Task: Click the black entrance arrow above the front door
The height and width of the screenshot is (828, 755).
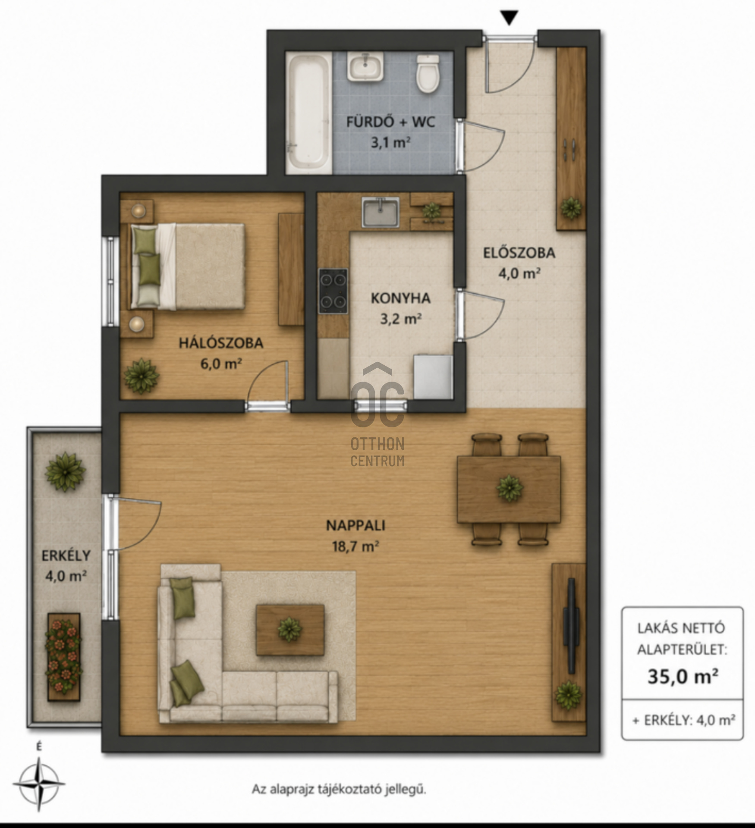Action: [x=510, y=18]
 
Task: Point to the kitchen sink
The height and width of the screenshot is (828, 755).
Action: [x=381, y=212]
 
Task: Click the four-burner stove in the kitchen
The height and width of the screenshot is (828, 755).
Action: [x=333, y=291]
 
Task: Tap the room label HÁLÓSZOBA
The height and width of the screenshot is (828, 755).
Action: [x=221, y=343]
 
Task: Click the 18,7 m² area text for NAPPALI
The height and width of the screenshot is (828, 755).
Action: [x=355, y=547]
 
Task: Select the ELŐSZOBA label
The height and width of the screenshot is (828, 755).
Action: [x=519, y=253]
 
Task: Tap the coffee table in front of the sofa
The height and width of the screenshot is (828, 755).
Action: [x=290, y=630]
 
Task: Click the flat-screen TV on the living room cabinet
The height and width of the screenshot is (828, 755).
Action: [x=571, y=626]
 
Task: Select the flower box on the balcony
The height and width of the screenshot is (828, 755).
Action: [x=63, y=657]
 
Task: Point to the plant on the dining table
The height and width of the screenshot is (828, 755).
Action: [x=510, y=488]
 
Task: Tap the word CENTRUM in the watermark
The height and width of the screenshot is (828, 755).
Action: [x=377, y=461]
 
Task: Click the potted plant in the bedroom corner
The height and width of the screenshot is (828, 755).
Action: [x=141, y=376]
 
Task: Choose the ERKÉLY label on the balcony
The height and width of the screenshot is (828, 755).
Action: [x=66, y=556]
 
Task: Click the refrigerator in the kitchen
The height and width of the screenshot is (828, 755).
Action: [x=433, y=377]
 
